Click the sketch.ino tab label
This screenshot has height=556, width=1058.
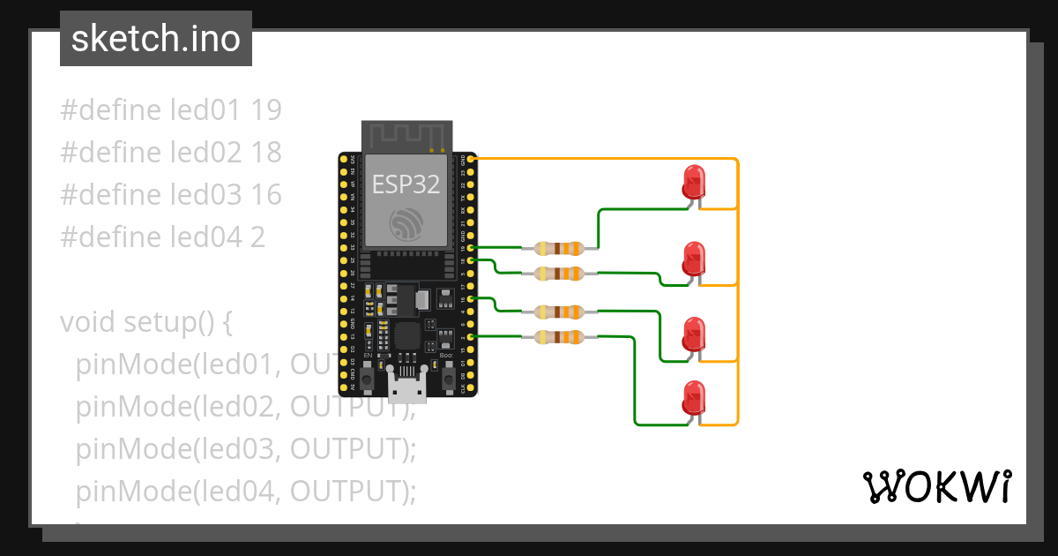155,39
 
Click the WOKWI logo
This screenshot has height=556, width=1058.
935,486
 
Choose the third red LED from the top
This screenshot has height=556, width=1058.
694,334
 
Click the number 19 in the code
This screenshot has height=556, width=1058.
265,110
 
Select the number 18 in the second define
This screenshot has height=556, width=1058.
265,153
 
